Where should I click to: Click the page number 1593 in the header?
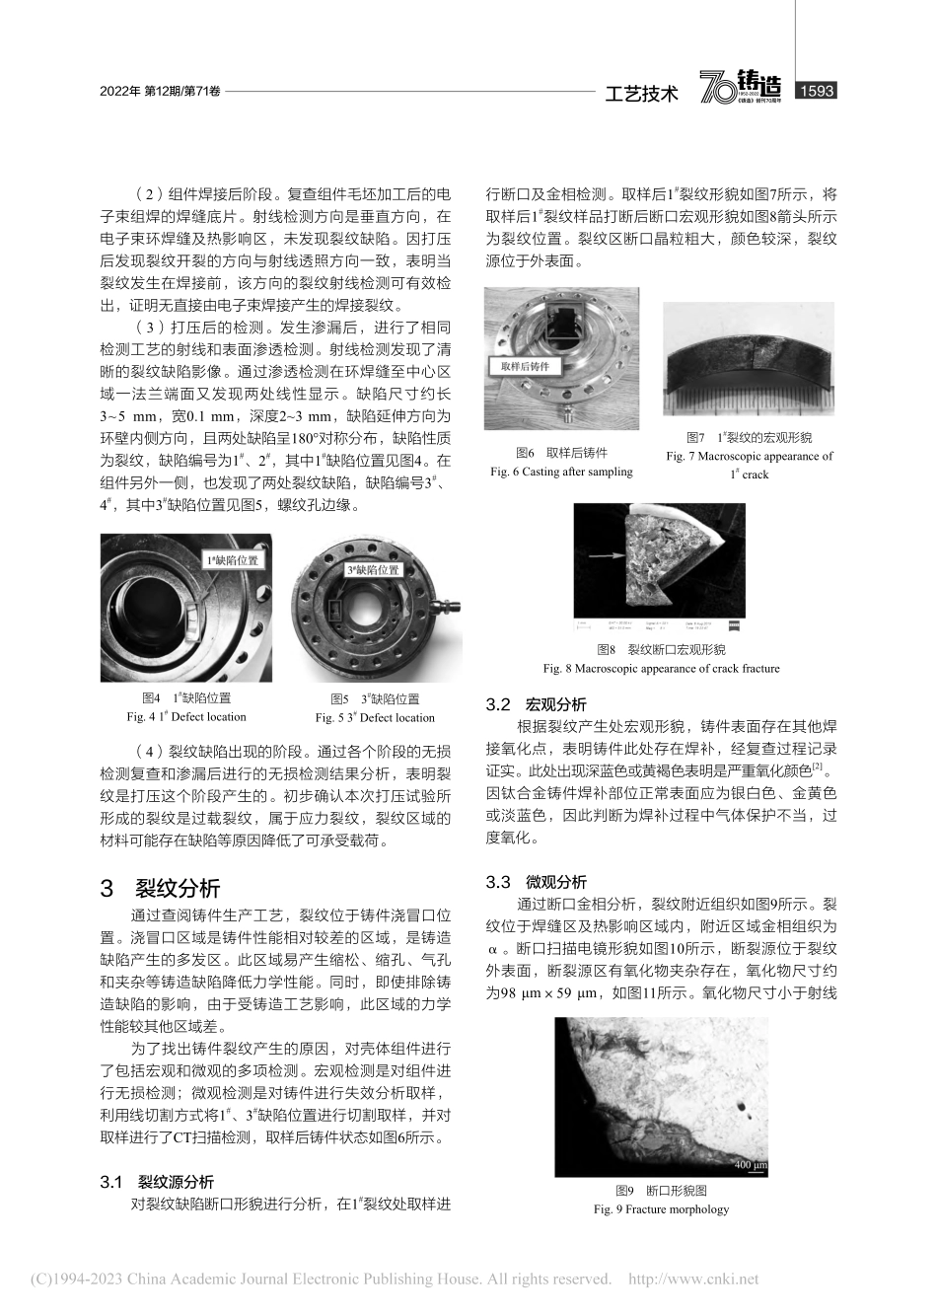(x=815, y=91)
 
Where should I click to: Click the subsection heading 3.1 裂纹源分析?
(x=158, y=1182)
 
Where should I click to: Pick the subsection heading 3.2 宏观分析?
(x=537, y=704)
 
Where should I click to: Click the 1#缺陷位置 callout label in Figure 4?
(x=233, y=559)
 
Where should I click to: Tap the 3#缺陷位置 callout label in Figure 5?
(x=373, y=569)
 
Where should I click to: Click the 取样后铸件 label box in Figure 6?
(x=525, y=366)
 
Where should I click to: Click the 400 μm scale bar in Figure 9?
(x=750, y=1166)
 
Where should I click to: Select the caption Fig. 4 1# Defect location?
(x=186, y=717)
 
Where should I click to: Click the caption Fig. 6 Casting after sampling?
(x=561, y=472)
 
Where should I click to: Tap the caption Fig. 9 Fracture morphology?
(x=661, y=1209)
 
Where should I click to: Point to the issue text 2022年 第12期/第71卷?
(x=159, y=92)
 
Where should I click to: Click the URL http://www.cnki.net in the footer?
(x=693, y=1278)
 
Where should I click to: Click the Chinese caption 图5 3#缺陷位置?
(x=375, y=699)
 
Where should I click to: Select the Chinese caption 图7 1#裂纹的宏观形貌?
(x=750, y=437)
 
